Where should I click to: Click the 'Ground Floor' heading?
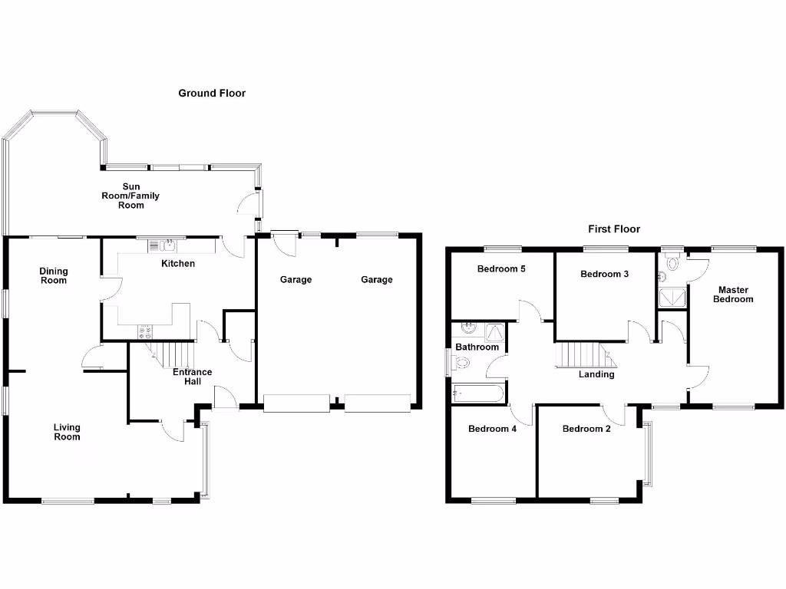tap(212, 94)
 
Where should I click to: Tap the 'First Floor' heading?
tap(614, 229)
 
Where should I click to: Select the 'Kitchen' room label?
tap(177, 264)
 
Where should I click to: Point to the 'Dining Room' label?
tap(54, 275)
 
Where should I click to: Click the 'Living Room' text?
tap(67, 432)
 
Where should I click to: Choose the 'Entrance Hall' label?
tap(192, 377)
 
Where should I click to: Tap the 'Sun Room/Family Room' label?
tap(131, 196)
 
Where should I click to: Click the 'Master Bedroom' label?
tap(733, 294)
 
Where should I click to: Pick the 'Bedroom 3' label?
tap(605, 275)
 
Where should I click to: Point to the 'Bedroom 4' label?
tap(492, 429)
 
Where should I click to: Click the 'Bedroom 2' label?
tap(586, 429)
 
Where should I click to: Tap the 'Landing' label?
tap(596, 374)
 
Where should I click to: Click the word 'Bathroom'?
tap(477, 347)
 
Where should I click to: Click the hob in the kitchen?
tap(145, 332)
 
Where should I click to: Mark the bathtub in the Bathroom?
tap(478, 393)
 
